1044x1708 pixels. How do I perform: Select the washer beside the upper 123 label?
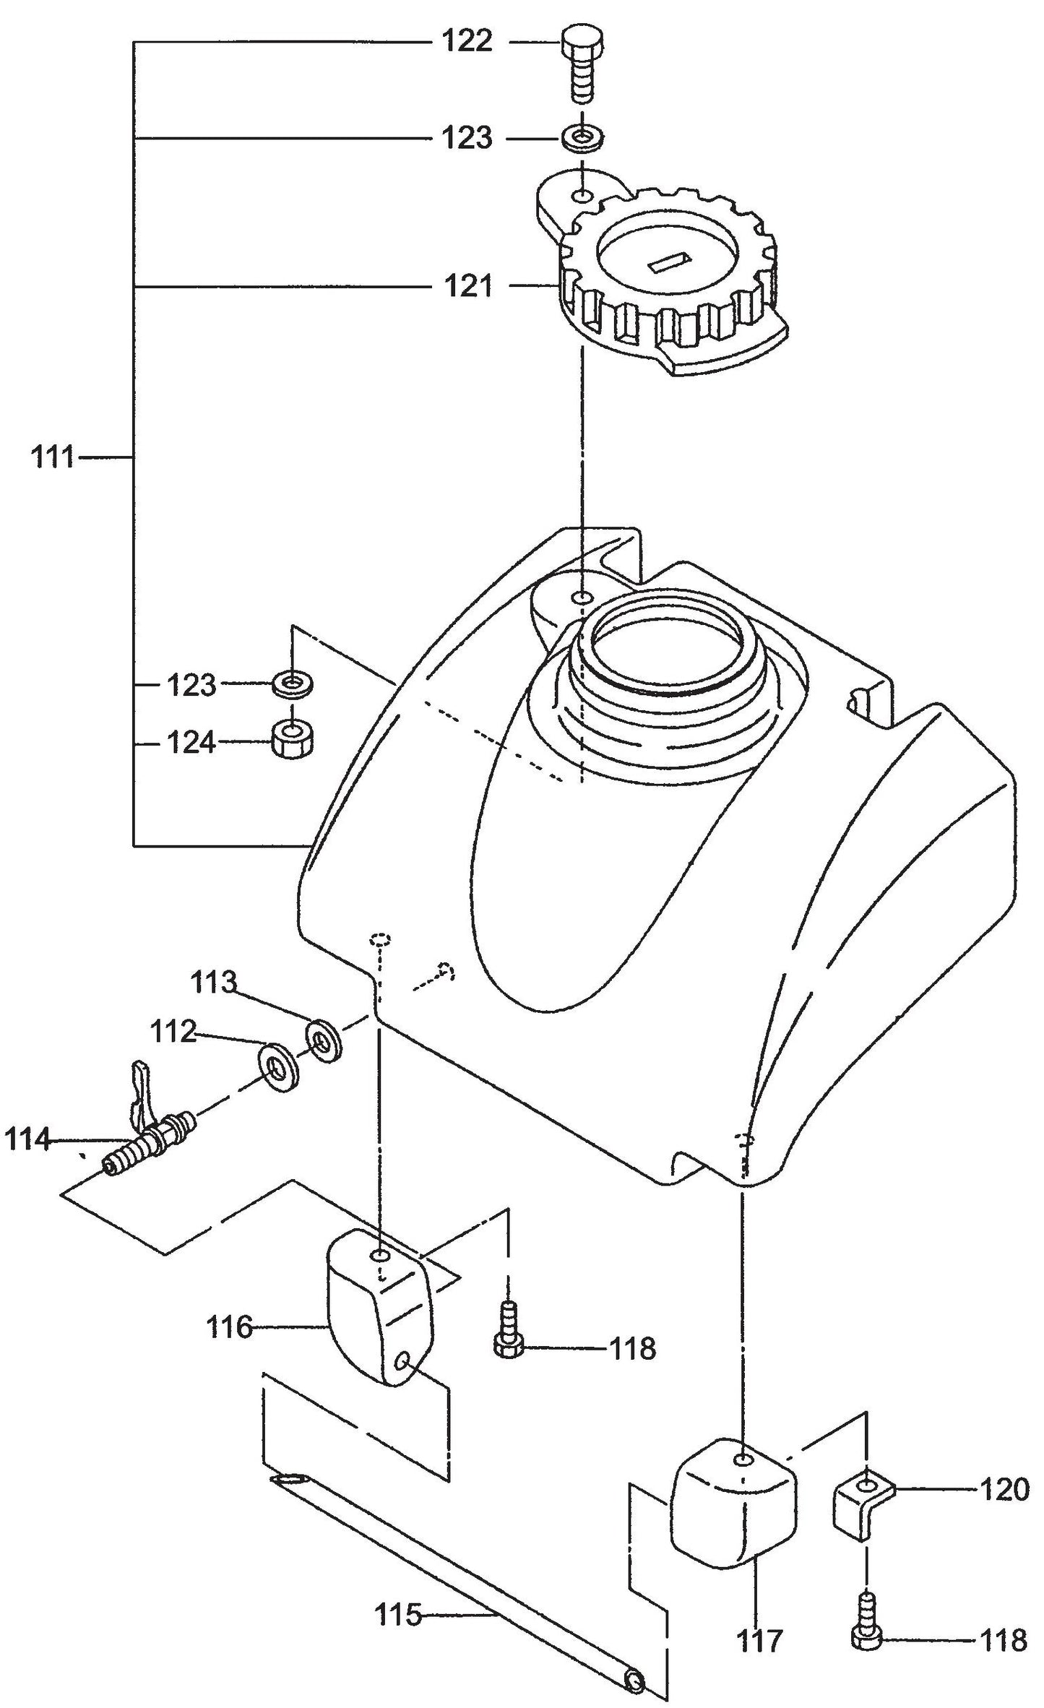tap(582, 138)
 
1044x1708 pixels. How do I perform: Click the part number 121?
tap(467, 286)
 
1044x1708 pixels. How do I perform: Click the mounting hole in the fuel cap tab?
tap(582, 197)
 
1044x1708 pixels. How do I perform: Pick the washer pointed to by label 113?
tap(323, 1041)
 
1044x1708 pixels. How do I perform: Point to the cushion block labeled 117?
tap(734, 1509)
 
